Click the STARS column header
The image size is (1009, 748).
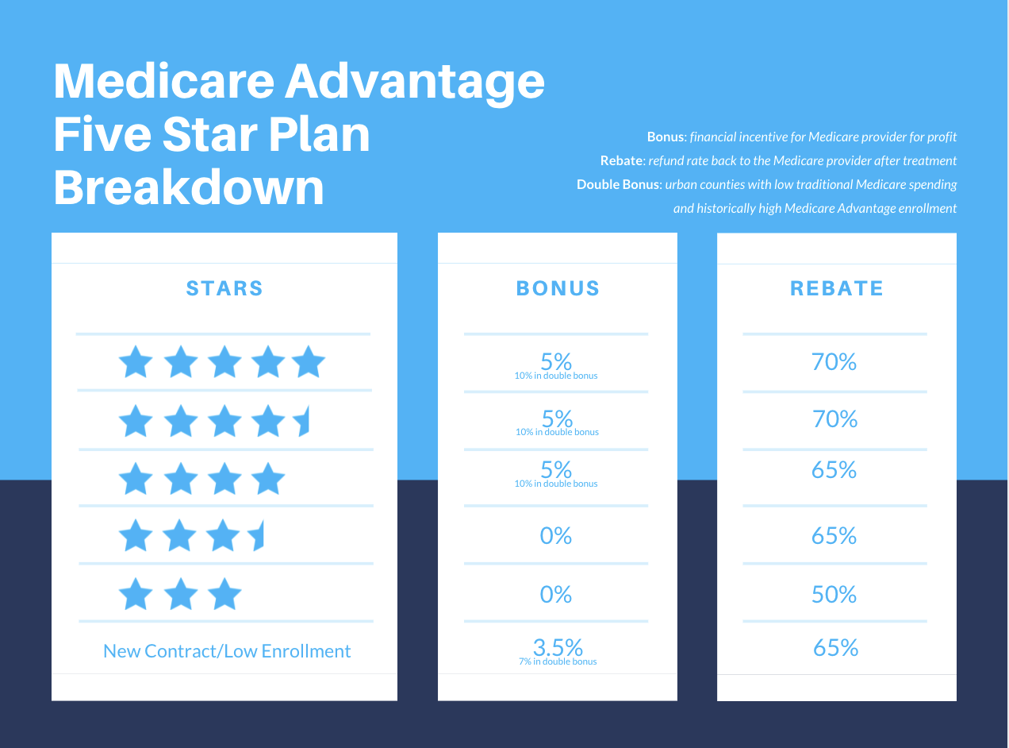tap(224, 288)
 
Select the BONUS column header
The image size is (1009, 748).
tap(558, 288)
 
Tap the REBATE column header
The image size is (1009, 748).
tap(836, 288)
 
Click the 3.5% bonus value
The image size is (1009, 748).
tap(557, 647)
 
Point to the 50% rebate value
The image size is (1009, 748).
tap(834, 595)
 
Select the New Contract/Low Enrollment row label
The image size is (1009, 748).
tap(227, 651)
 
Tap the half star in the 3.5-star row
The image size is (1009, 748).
tap(257, 537)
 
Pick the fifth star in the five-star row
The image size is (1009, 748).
tap(309, 363)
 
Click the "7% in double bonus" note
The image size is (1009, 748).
tap(557, 661)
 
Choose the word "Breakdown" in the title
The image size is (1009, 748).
tap(189, 188)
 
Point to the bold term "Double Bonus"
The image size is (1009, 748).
tap(618, 185)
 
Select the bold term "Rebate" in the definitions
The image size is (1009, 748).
tap(620, 161)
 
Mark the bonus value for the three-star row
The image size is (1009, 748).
tap(556, 595)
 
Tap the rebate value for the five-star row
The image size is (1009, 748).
tap(834, 362)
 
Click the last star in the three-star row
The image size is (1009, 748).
tap(225, 595)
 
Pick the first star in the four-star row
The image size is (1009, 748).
tap(136, 480)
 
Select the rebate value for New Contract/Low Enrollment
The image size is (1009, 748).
tap(836, 648)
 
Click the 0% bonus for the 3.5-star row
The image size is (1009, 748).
tap(556, 536)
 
